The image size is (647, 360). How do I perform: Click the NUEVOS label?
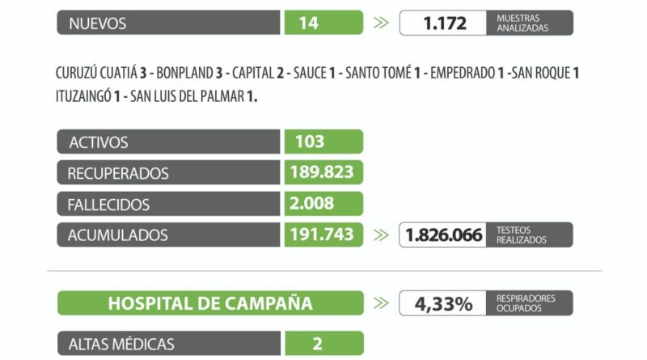97,23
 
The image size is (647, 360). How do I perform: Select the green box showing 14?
323,23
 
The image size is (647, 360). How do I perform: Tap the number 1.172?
445,23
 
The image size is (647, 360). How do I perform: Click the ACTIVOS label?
99,142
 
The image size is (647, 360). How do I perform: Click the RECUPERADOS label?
119,173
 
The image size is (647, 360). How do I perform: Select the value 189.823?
322,172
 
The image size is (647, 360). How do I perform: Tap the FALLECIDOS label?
109,204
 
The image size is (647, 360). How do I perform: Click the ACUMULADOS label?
119,235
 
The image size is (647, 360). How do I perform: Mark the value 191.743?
322,235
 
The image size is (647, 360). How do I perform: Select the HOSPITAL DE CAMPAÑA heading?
210,303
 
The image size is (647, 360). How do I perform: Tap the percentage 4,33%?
444,304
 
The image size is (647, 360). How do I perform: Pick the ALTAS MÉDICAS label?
121,343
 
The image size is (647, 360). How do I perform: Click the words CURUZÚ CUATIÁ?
95,73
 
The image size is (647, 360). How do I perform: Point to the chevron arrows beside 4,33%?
381,304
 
